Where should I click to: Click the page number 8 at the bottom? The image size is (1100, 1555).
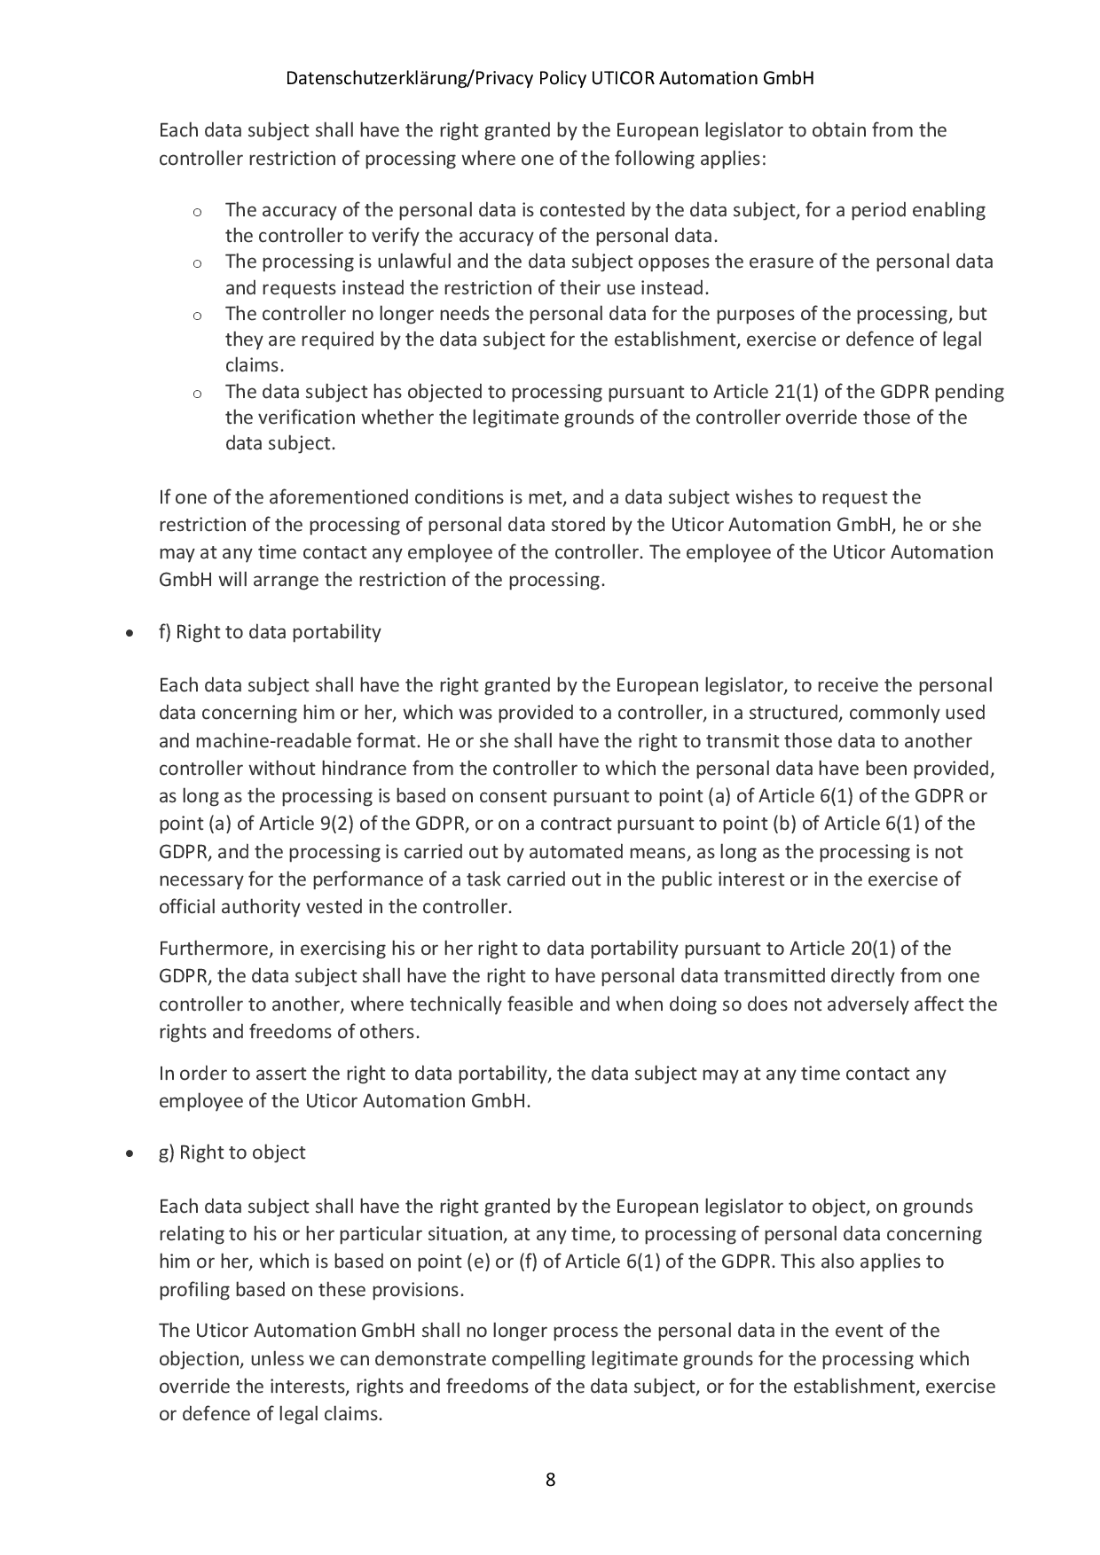tap(550, 1479)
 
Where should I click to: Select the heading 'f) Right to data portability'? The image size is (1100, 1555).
tap(270, 632)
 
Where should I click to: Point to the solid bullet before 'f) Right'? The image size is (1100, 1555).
tap(130, 634)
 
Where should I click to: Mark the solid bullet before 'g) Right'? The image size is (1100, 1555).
tap(130, 1154)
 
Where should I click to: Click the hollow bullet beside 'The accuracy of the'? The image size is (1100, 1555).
tap(197, 212)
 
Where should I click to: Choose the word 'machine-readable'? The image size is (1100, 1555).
tap(260, 741)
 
